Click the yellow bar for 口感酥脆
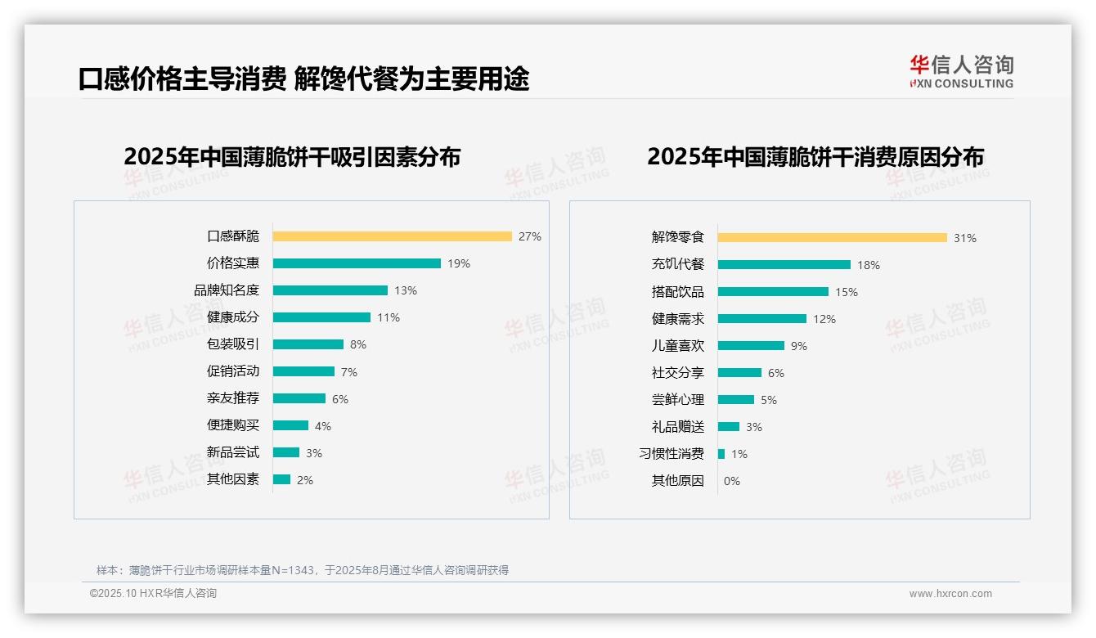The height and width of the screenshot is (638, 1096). [x=392, y=236]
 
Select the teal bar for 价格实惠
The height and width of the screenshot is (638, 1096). [x=357, y=263]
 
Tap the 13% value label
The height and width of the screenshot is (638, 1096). [x=406, y=290]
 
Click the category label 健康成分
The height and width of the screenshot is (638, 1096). [x=233, y=317]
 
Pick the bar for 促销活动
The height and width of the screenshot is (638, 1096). [x=303, y=371]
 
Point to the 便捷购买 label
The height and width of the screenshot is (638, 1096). [x=233, y=425]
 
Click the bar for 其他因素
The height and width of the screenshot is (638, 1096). [x=281, y=479]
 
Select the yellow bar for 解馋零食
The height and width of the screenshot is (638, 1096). [x=832, y=238]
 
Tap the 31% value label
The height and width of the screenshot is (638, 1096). [x=965, y=238]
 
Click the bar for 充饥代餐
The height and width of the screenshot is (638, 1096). [x=784, y=265]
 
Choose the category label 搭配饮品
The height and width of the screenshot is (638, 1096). [x=678, y=292]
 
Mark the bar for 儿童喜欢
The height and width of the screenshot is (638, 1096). [x=751, y=346]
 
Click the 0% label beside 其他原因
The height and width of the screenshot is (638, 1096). [x=732, y=481]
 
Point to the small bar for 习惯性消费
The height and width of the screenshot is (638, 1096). [x=721, y=454]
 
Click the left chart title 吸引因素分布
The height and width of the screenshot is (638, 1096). [x=292, y=156]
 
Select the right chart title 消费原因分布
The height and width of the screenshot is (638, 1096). [x=815, y=156]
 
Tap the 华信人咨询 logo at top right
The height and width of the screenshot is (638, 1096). [x=961, y=71]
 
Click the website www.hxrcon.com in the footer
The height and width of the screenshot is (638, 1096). [x=950, y=594]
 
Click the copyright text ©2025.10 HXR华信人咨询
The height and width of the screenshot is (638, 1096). [x=153, y=594]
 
